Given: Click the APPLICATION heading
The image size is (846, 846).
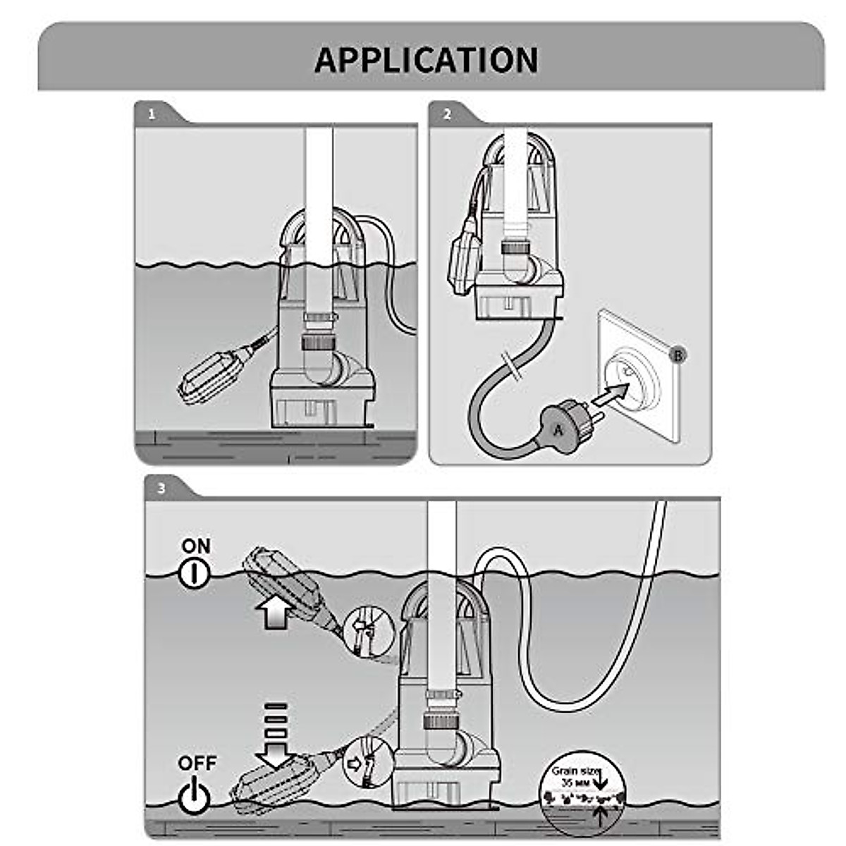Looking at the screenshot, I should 426,60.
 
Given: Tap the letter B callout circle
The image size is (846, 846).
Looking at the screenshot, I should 678,355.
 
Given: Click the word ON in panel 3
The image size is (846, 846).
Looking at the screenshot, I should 196,546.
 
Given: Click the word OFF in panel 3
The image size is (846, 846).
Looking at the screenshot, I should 197,763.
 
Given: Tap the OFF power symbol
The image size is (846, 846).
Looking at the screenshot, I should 195,795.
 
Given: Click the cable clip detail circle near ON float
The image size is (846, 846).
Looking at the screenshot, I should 365,630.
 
